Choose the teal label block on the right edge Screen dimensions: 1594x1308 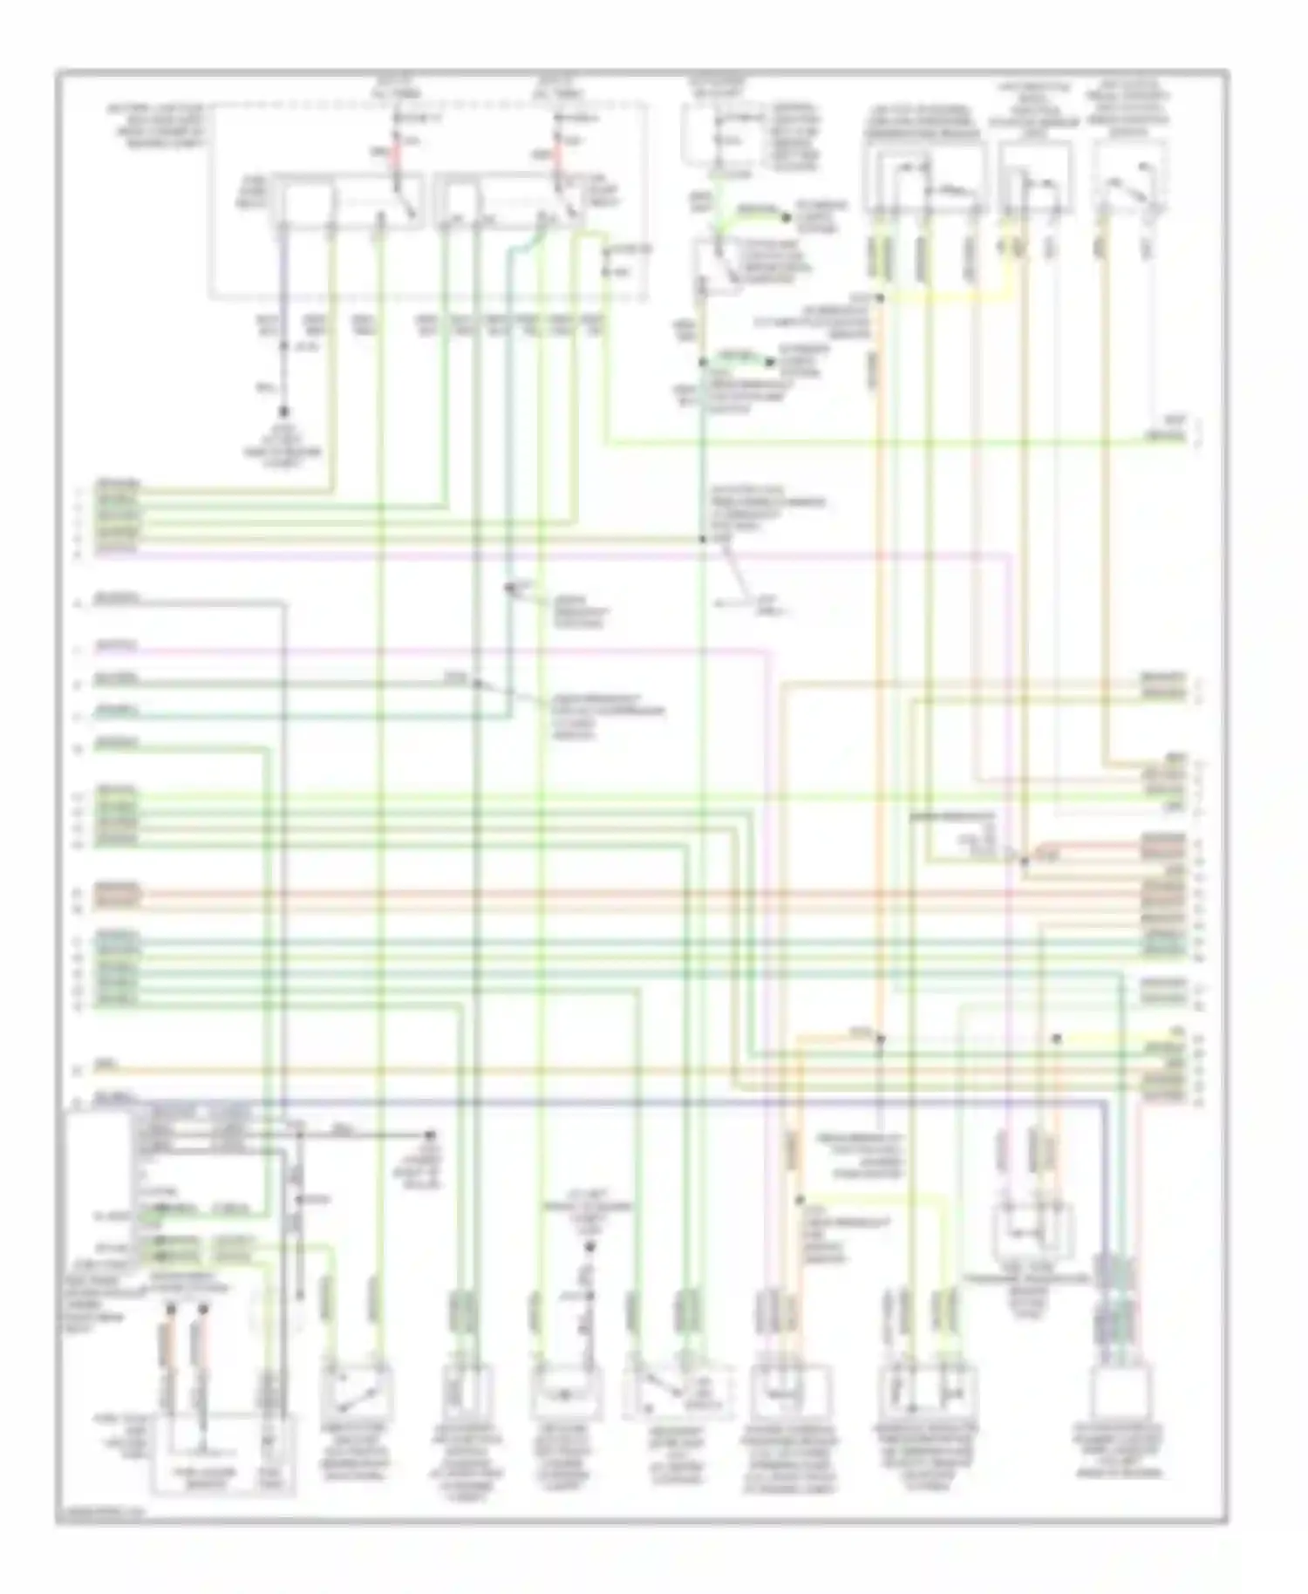(1162, 943)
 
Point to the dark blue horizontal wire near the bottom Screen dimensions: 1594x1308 (610, 1101)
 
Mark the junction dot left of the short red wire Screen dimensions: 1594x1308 (1025, 861)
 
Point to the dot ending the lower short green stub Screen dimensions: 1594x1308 (770, 362)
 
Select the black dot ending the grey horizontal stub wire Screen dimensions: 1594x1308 (429, 1134)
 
